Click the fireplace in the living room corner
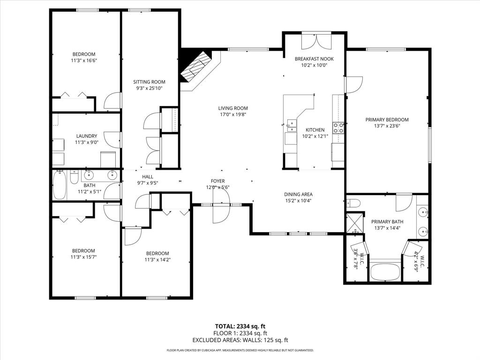pos(196,66)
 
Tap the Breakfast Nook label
pos(314,59)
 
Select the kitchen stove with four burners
pos(338,127)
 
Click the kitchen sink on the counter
pos(291,125)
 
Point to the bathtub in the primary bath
pos(385,272)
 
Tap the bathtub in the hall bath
pos(59,185)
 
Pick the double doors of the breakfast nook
pos(314,41)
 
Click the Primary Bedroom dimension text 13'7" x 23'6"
pos(387,126)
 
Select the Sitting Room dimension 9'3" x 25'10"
pos(149,88)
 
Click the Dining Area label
pos(298,194)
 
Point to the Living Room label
pos(233,108)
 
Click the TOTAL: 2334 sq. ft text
pos(240,326)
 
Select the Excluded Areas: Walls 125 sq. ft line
pos(240,340)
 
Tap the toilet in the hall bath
pos(74,177)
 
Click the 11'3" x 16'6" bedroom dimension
pos(84,60)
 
